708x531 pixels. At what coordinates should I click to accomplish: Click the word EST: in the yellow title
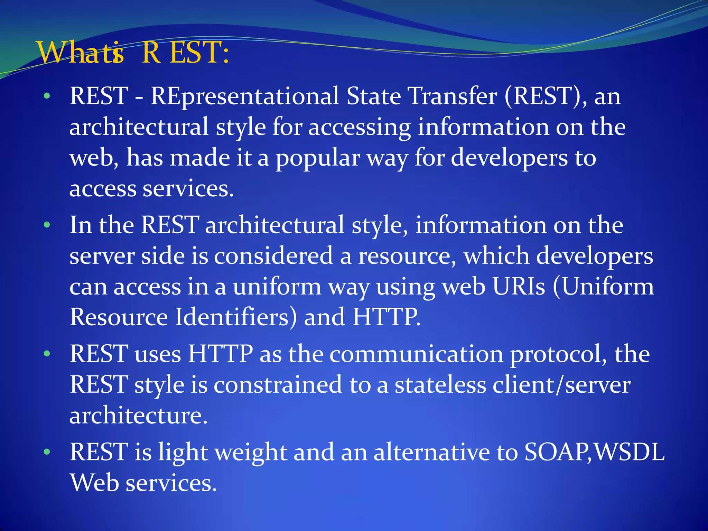click(x=199, y=53)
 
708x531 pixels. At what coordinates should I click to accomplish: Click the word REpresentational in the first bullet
click(x=245, y=96)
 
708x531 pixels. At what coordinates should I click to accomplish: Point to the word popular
click(x=318, y=158)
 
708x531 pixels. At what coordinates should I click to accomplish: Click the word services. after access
click(x=188, y=189)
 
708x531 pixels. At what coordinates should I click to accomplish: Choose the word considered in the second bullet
click(x=273, y=256)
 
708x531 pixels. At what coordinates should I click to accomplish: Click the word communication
click(x=416, y=354)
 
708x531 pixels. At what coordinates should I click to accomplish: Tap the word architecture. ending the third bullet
click(x=138, y=416)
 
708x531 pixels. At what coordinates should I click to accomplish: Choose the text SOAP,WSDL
click(x=594, y=452)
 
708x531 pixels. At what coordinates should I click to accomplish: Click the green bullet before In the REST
click(x=47, y=226)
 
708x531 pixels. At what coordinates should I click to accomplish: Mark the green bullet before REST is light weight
click(x=47, y=452)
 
